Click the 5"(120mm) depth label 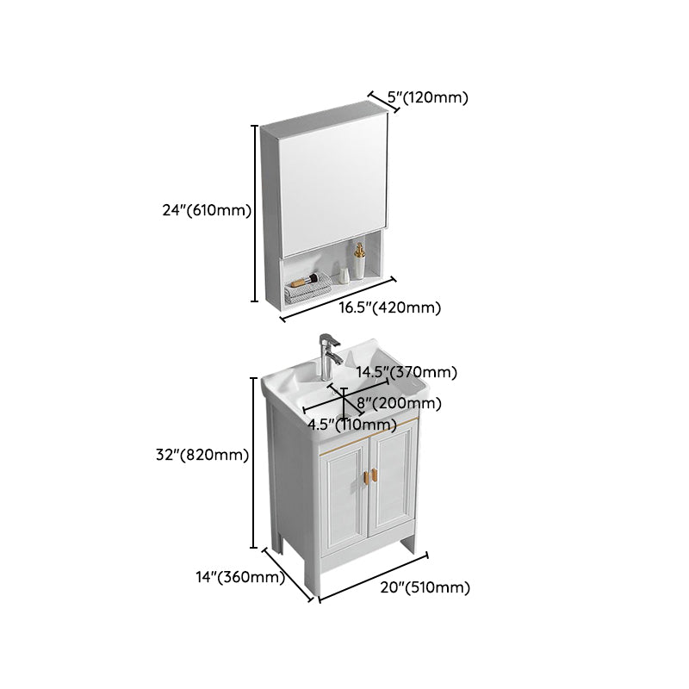click(428, 97)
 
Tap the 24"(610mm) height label click(208, 209)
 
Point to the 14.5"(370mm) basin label click(407, 373)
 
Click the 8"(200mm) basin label click(400, 403)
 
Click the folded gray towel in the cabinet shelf click(307, 289)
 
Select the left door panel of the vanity click(344, 505)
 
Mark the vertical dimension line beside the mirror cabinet click(255, 213)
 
